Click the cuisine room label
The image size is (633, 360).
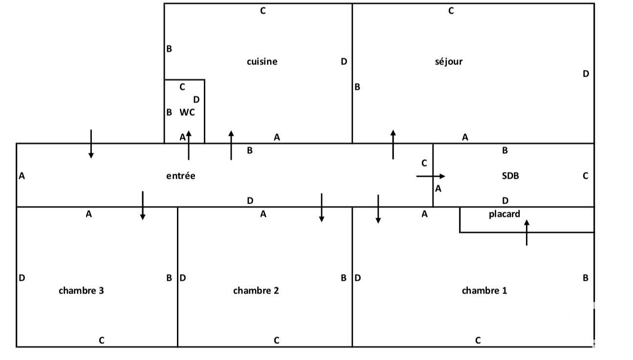click(262, 62)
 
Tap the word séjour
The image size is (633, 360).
click(448, 62)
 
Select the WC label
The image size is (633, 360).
click(187, 112)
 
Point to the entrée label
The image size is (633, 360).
click(180, 176)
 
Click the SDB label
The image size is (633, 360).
click(510, 176)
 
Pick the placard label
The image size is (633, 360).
click(504, 214)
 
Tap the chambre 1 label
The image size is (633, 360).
click(484, 291)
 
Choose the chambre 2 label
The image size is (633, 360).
click(256, 291)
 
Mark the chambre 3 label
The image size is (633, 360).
click(81, 291)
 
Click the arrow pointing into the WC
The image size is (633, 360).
click(189, 145)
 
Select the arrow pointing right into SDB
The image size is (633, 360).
click(431, 176)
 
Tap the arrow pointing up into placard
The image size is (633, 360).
click(526, 233)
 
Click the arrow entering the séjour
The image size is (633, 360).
click(393, 145)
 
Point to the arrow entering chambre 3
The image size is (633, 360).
click(142, 206)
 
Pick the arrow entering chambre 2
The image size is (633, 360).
click(321, 208)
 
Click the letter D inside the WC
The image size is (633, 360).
click(196, 100)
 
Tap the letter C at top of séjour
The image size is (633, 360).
click(451, 11)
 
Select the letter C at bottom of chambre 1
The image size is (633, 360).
click(478, 340)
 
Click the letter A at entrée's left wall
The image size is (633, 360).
click(22, 176)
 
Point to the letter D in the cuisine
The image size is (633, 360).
click(344, 62)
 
